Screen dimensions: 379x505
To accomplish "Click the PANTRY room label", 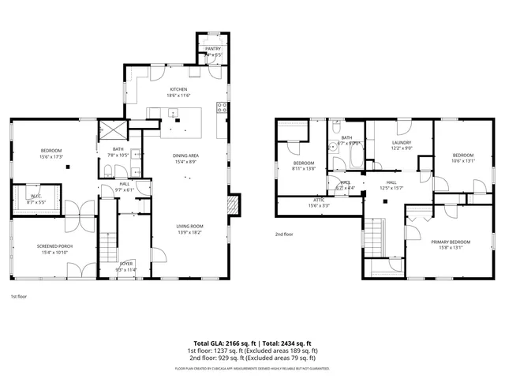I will (213, 49).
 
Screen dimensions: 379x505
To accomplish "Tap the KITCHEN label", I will (179, 90).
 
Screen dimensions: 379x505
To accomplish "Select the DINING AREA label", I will (186, 156).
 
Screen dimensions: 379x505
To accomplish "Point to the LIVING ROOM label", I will (189, 227).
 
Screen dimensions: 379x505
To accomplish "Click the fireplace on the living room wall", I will (231, 205).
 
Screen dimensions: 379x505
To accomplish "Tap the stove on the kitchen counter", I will (223, 108).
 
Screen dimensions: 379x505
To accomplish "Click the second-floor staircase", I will (373, 235).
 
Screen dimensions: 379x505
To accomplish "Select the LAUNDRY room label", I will (402, 143).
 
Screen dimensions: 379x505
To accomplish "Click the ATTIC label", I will (319, 201).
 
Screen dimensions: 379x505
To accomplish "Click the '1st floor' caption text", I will (18, 296).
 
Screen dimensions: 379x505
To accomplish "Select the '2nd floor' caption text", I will (284, 235).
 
